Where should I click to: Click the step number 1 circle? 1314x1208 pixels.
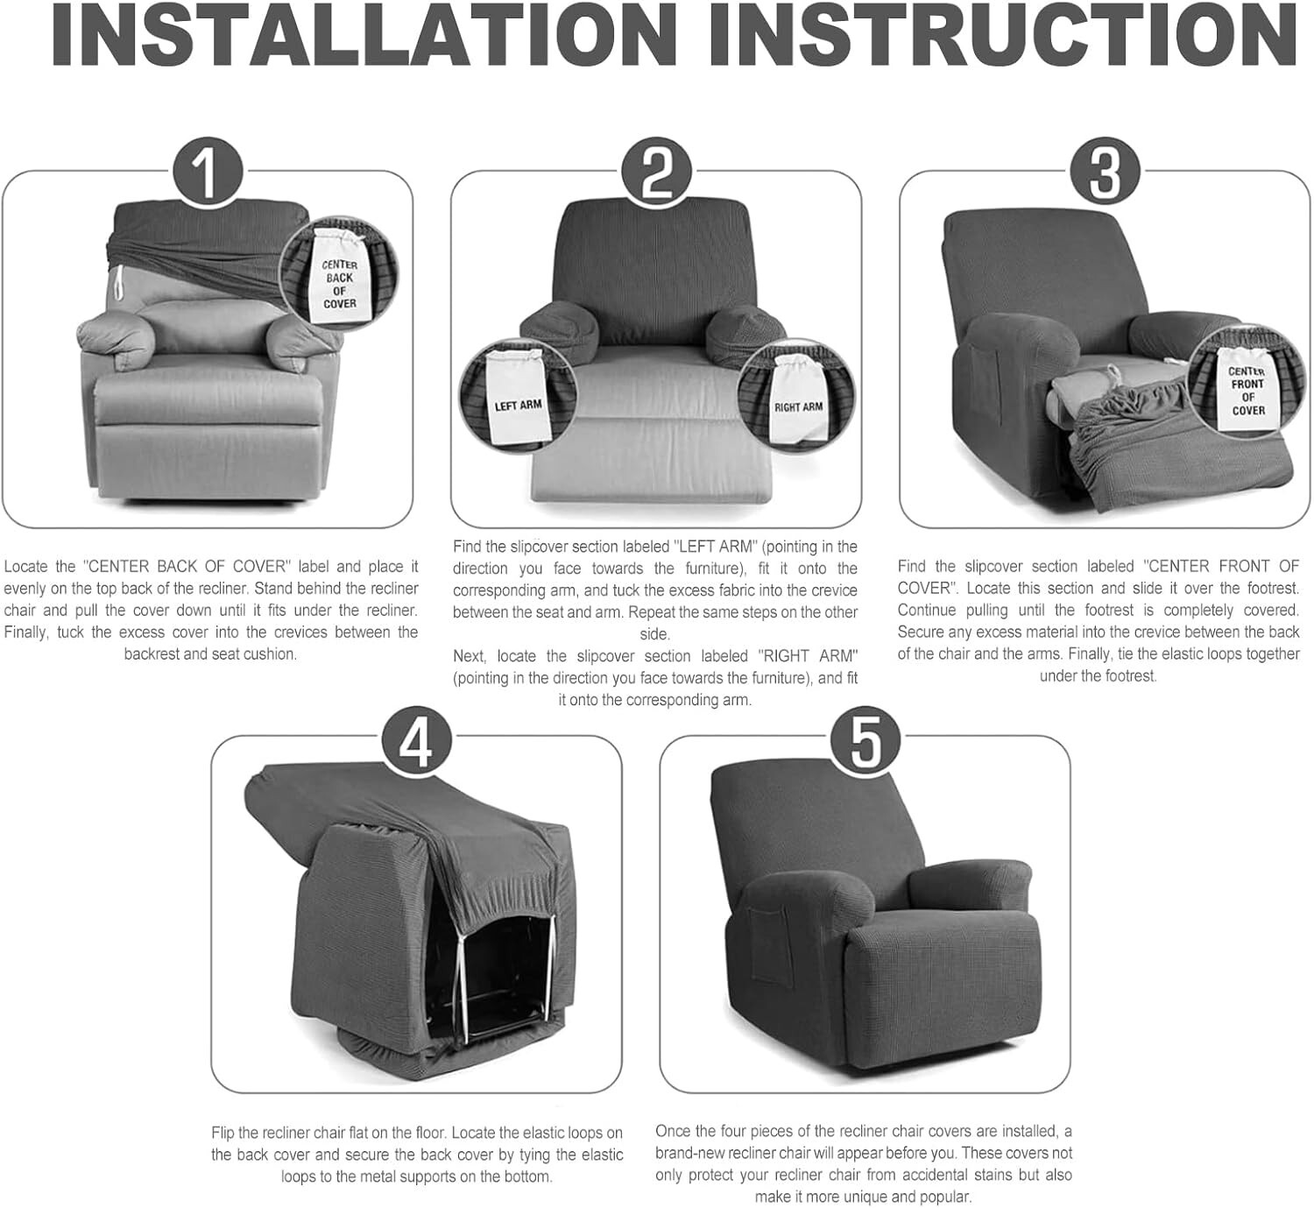[x=207, y=172]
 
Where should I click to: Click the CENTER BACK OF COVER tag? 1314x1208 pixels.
[x=339, y=283]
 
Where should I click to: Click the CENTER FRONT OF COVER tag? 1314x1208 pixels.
[x=1247, y=389]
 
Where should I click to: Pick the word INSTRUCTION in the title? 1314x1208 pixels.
[x=1003, y=37]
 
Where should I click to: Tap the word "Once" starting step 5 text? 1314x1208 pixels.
[x=673, y=1131]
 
